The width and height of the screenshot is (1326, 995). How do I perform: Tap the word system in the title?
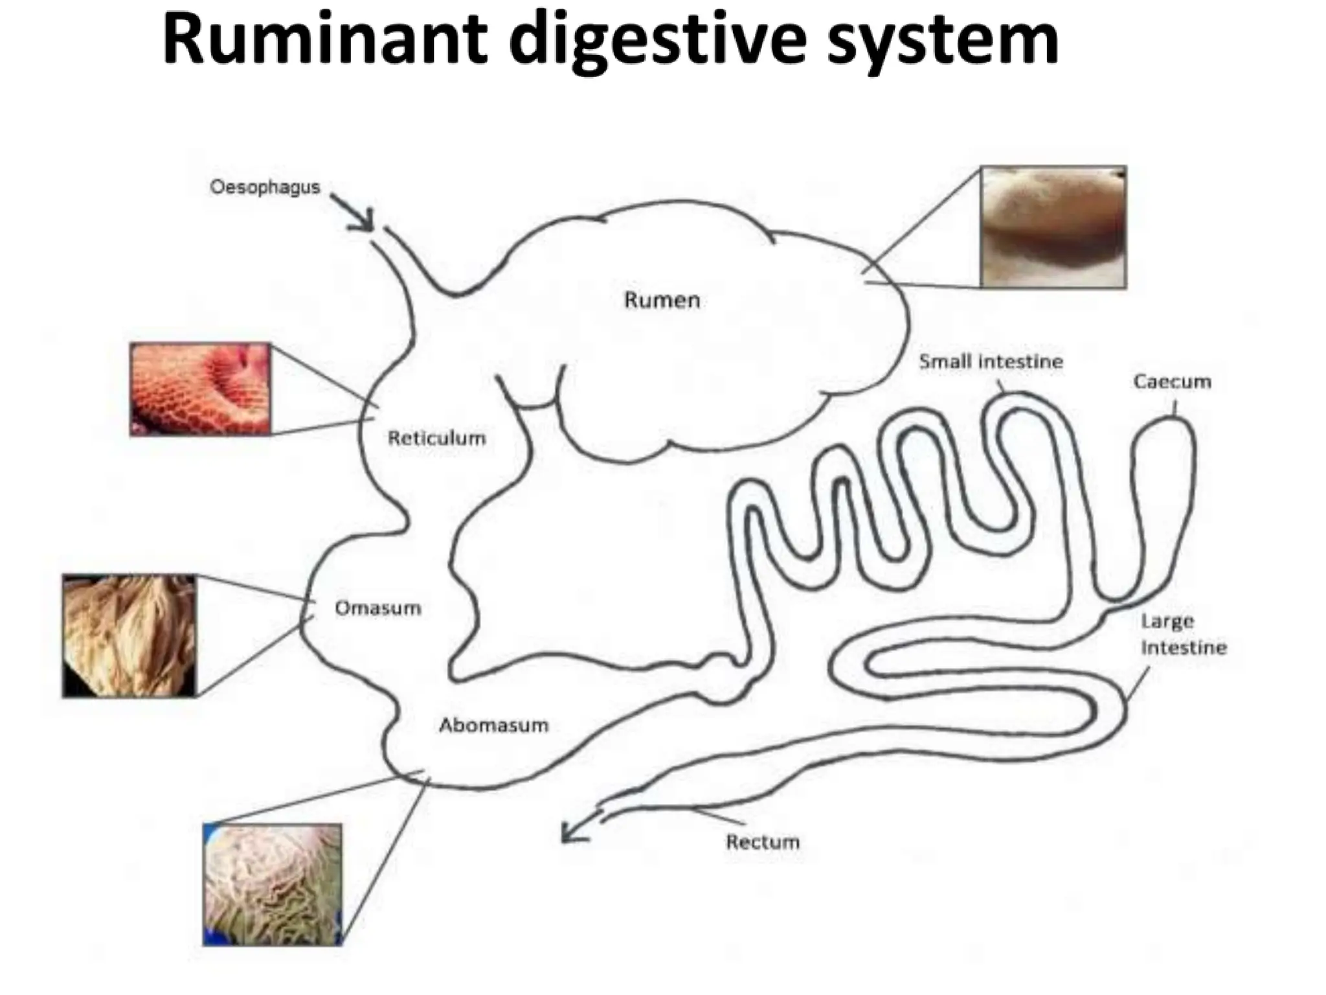(x=943, y=40)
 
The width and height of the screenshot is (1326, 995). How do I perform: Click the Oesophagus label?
(x=265, y=187)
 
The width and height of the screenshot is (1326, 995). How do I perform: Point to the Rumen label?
(x=662, y=300)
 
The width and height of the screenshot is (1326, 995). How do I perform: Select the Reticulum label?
(x=436, y=438)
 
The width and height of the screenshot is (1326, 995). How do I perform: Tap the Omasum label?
(x=377, y=608)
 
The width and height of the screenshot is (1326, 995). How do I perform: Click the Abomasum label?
(x=493, y=725)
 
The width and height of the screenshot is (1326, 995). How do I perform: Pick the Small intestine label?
(x=991, y=361)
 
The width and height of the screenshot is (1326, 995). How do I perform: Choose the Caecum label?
(x=1172, y=382)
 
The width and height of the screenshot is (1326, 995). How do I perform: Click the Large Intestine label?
(x=1183, y=634)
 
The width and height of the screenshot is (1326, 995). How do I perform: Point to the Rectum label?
(x=763, y=842)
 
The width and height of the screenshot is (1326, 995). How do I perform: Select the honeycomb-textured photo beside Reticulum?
(x=200, y=389)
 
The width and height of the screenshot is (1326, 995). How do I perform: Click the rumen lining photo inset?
(x=1053, y=226)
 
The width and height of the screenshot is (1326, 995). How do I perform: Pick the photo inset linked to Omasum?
(x=129, y=635)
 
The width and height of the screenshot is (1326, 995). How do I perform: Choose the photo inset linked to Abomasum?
(x=272, y=884)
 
